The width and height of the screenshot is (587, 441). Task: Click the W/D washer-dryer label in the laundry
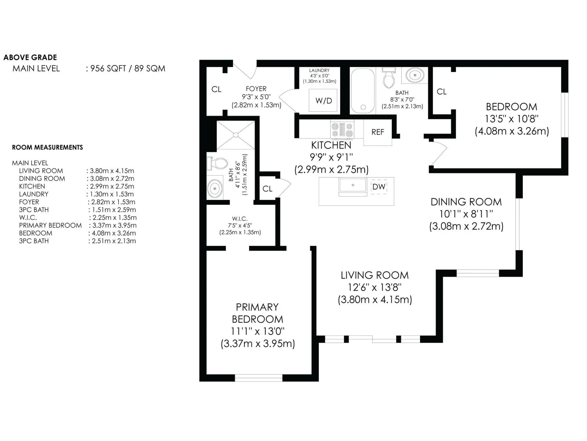click(x=324, y=101)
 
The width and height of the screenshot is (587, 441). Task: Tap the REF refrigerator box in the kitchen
click(x=378, y=132)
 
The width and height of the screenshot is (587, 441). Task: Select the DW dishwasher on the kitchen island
click(x=379, y=187)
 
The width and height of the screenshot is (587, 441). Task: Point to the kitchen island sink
click(x=353, y=187)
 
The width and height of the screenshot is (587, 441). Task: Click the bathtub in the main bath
click(x=362, y=91)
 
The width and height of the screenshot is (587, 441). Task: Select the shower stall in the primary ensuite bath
click(x=236, y=135)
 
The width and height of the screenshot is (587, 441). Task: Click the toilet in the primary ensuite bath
click(x=217, y=163)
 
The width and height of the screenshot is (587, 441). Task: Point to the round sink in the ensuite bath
click(x=215, y=189)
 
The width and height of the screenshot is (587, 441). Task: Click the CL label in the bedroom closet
click(x=441, y=92)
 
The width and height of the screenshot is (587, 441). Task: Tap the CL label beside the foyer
click(x=216, y=89)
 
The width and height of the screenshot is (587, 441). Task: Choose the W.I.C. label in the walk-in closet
click(x=240, y=219)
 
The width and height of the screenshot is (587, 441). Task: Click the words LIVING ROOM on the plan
click(x=375, y=275)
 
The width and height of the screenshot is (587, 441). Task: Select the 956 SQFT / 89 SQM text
click(x=128, y=69)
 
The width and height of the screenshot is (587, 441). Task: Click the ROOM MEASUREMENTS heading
click(x=48, y=147)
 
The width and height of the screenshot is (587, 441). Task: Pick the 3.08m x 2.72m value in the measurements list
click(x=112, y=179)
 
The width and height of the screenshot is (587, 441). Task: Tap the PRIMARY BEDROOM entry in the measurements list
click(x=50, y=225)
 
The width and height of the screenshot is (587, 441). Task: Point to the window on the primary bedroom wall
click(x=259, y=378)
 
